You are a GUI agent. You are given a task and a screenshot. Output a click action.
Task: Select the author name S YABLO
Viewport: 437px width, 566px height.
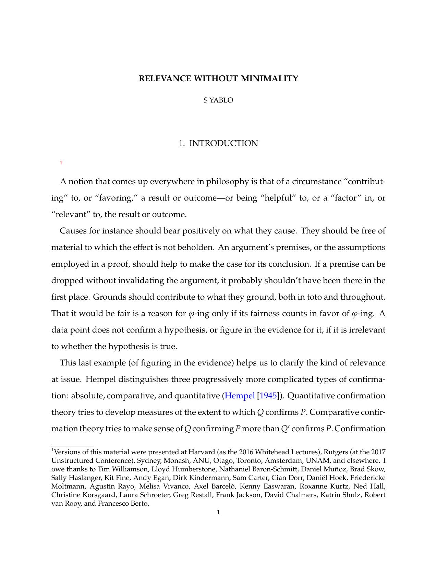coord(218,100)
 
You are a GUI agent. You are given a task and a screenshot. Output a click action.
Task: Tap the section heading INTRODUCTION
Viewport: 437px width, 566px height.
coord(223,143)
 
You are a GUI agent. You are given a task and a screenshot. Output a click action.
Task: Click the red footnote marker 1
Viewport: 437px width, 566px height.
coord(61,162)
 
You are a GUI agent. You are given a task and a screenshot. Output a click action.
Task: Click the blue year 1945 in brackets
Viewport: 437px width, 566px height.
coord(268,396)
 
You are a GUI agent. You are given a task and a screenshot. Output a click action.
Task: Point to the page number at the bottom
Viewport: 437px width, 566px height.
coord(218,513)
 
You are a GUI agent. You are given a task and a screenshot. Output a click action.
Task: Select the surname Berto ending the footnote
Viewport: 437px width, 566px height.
coord(141,504)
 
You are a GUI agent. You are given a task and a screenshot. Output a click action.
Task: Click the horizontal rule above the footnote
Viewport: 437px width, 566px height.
coord(73,446)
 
